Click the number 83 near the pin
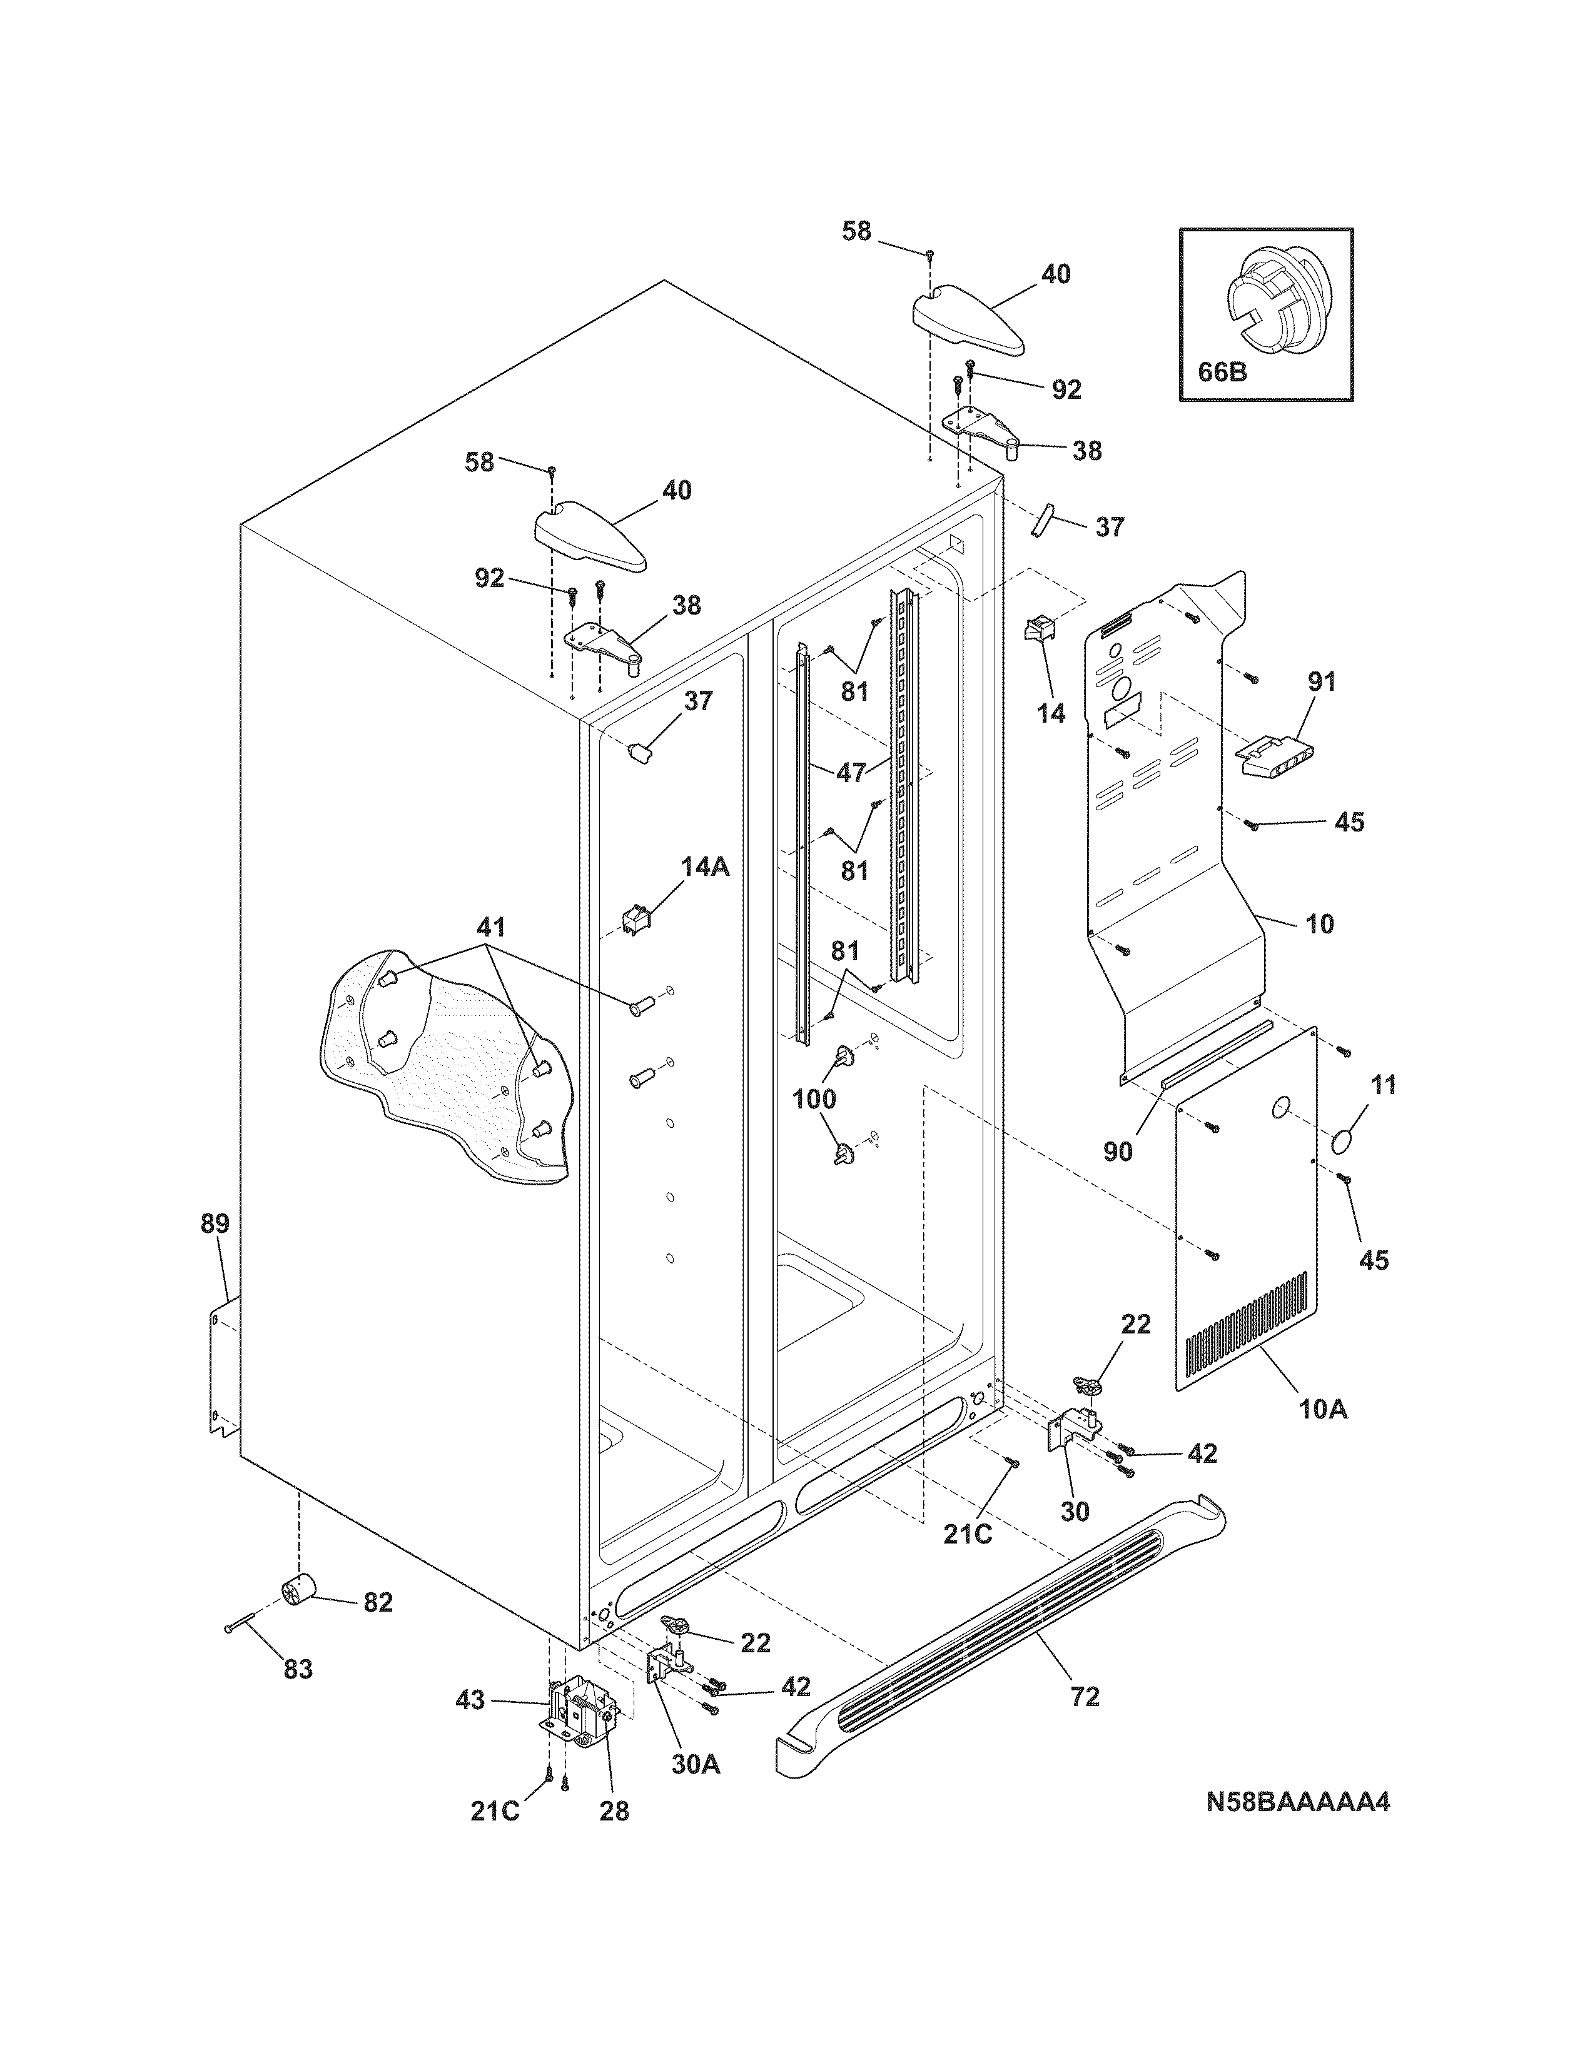tap(298, 1669)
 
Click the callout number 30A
tap(696, 1764)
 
